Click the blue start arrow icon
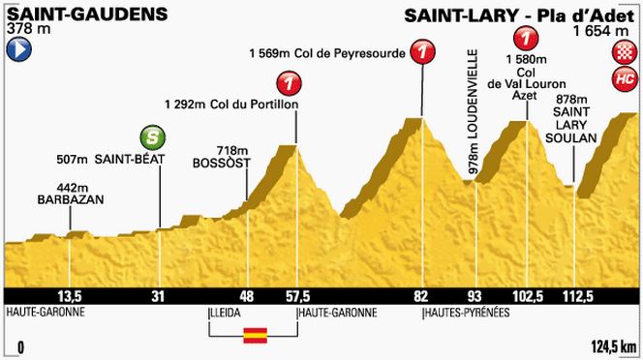click(x=15, y=54)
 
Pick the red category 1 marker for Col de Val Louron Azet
click(x=526, y=40)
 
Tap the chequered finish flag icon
click(x=623, y=57)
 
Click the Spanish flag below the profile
click(x=253, y=336)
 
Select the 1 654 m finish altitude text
click(x=605, y=32)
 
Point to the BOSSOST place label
click(x=222, y=163)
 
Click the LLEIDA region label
click(x=226, y=314)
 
